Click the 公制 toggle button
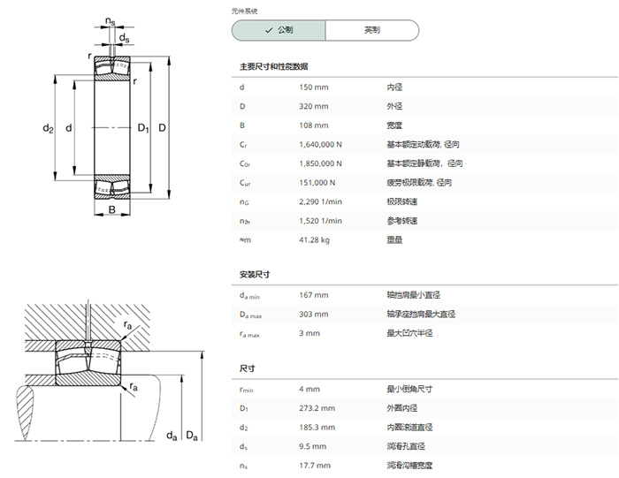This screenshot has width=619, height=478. point(279,30)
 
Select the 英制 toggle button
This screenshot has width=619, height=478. point(372,30)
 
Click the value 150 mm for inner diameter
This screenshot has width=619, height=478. point(313,87)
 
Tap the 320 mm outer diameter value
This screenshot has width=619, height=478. point(313,106)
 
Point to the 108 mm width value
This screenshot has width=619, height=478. point(313,125)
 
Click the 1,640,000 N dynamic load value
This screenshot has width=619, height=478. point(320,144)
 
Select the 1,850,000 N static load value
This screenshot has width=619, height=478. point(320,163)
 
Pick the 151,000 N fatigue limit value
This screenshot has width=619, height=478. point(317,183)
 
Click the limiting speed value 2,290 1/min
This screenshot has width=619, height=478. point(320,201)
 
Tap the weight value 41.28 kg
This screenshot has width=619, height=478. point(314,239)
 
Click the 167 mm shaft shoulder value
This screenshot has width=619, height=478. point(313,295)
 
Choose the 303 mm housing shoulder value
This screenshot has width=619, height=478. point(313,314)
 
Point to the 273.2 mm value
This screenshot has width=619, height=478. point(317,408)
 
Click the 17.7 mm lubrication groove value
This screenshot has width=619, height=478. point(315,466)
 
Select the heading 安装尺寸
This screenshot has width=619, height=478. point(255,275)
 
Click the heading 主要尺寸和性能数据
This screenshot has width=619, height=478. point(273,66)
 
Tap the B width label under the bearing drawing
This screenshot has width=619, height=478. point(112,209)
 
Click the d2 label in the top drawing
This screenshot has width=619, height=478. point(48,128)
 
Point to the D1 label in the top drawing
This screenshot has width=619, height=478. point(143,128)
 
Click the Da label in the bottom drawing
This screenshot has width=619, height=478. point(192,436)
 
